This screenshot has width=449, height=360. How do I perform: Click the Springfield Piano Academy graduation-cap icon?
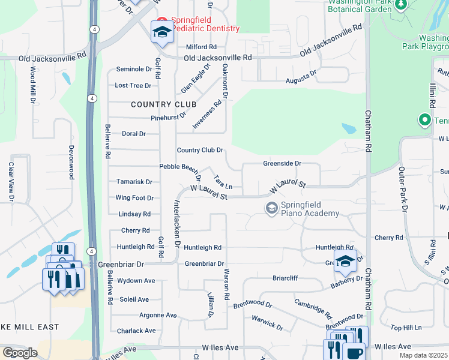pyautogui.click(x=271, y=208)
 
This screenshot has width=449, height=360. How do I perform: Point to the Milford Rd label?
pyautogui.click(x=201, y=47)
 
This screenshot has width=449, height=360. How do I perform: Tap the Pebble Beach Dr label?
pyautogui.click(x=178, y=166)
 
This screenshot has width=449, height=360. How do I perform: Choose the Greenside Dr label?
pyautogui.click(x=282, y=163)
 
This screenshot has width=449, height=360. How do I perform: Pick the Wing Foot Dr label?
pyautogui.click(x=134, y=197)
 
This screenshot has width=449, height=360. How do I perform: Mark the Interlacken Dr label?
pyautogui.click(x=177, y=223)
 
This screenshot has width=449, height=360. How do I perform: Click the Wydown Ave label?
pyautogui.click(x=136, y=280)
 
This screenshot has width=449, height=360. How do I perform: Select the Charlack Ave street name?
pyautogui.click(x=136, y=331)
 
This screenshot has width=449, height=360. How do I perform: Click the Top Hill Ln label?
pyautogui.click(x=406, y=328)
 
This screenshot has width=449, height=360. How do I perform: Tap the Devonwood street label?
pyautogui.click(x=71, y=162)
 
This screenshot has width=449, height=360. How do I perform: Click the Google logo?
pyautogui.click(x=20, y=353)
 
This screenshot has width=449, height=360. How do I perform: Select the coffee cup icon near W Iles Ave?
pyautogui.click(x=355, y=352)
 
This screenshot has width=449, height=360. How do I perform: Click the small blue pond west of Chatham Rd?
pyautogui.click(x=348, y=128)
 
